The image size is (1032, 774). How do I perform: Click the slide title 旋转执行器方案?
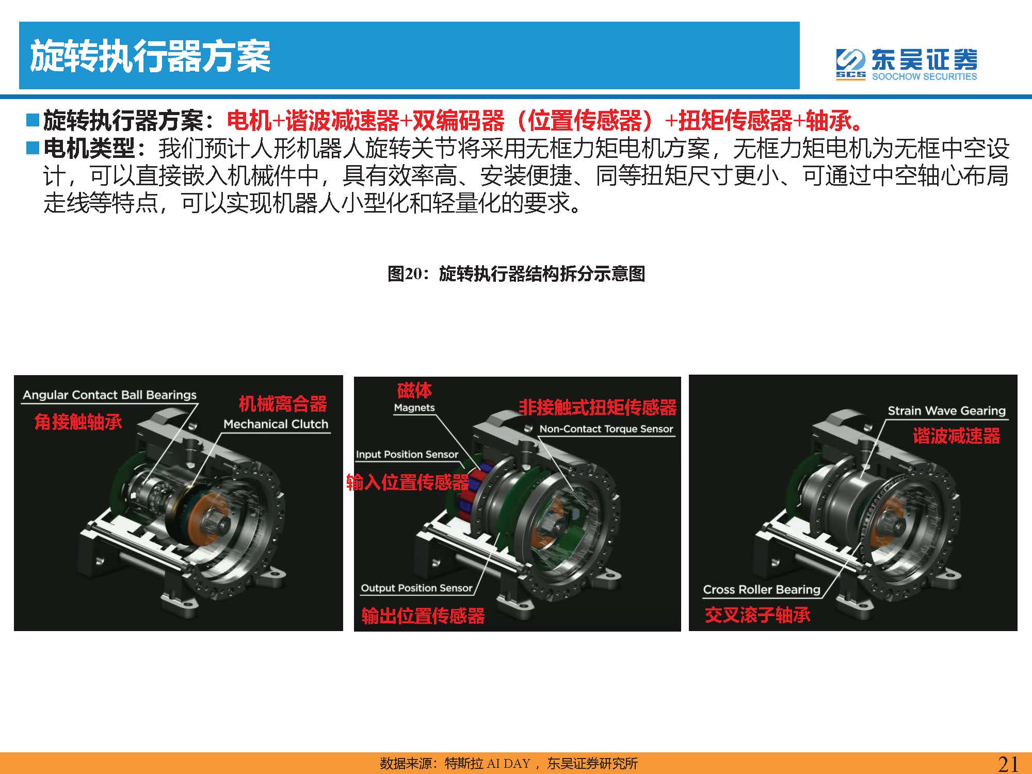click(x=150, y=56)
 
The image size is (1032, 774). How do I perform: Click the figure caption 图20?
click(x=516, y=273)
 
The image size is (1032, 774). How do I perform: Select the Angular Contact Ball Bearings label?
click(x=110, y=395)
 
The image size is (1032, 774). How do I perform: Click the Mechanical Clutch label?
click(x=276, y=424)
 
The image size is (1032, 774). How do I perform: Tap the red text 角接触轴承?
click(x=78, y=422)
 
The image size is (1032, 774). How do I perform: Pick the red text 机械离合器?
click(x=283, y=404)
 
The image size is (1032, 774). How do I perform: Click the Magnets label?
click(x=414, y=408)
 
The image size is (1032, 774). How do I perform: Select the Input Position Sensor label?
click(x=407, y=455)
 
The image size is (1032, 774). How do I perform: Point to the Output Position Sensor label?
click(x=416, y=588)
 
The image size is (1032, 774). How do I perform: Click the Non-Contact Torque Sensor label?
click(x=606, y=429)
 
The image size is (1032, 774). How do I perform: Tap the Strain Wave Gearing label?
click(x=947, y=411)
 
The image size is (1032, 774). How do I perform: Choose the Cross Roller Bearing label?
click(x=762, y=589)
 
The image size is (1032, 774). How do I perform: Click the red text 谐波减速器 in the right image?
click(x=956, y=436)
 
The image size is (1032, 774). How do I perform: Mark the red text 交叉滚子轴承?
click(x=757, y=615)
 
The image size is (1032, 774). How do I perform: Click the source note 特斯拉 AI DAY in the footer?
click(x=488, y=764)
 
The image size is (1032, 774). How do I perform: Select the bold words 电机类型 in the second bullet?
click(x=89, y=149)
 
